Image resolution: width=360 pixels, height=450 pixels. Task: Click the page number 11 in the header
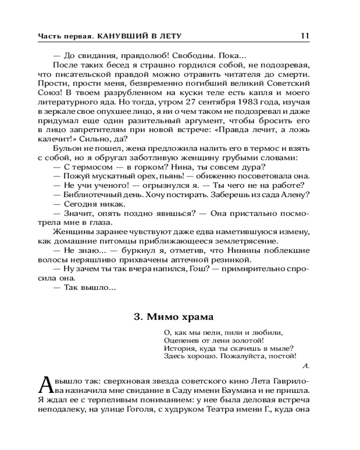coord(305,36)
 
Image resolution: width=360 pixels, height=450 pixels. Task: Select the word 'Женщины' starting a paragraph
coord(72,232)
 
